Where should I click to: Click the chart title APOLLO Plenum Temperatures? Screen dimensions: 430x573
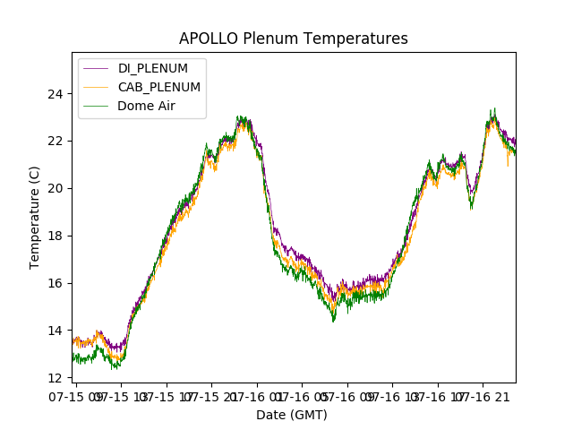pyautogui.click(x=293, y=39)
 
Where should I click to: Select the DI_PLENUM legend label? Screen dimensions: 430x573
pyautogui.click(x=153, y=69)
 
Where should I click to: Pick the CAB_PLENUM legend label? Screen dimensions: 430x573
pyautogui.click(x=159, y=87)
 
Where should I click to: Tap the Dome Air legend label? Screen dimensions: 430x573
pyautogui.click(x=146, y=106)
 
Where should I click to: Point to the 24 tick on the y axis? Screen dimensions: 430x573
pyautogui.click(x=56, y=93)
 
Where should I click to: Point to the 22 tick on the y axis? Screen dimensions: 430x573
pyautogui.click(x=56, y=141)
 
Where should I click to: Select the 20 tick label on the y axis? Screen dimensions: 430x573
pyautogui.click(x=56, y=188)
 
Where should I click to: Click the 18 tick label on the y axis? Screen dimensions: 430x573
pyautogui.click(x=56, y=236)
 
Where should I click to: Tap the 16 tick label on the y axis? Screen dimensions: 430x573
pyautogui.click(x=56, y=283)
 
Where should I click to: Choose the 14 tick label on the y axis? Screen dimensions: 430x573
pyautogui.click(x=56, y=331)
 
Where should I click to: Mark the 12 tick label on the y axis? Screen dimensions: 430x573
pyautogui.click(x=56, y=378)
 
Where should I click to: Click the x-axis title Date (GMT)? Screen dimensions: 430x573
pyautogui.click(x=292, y=415)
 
